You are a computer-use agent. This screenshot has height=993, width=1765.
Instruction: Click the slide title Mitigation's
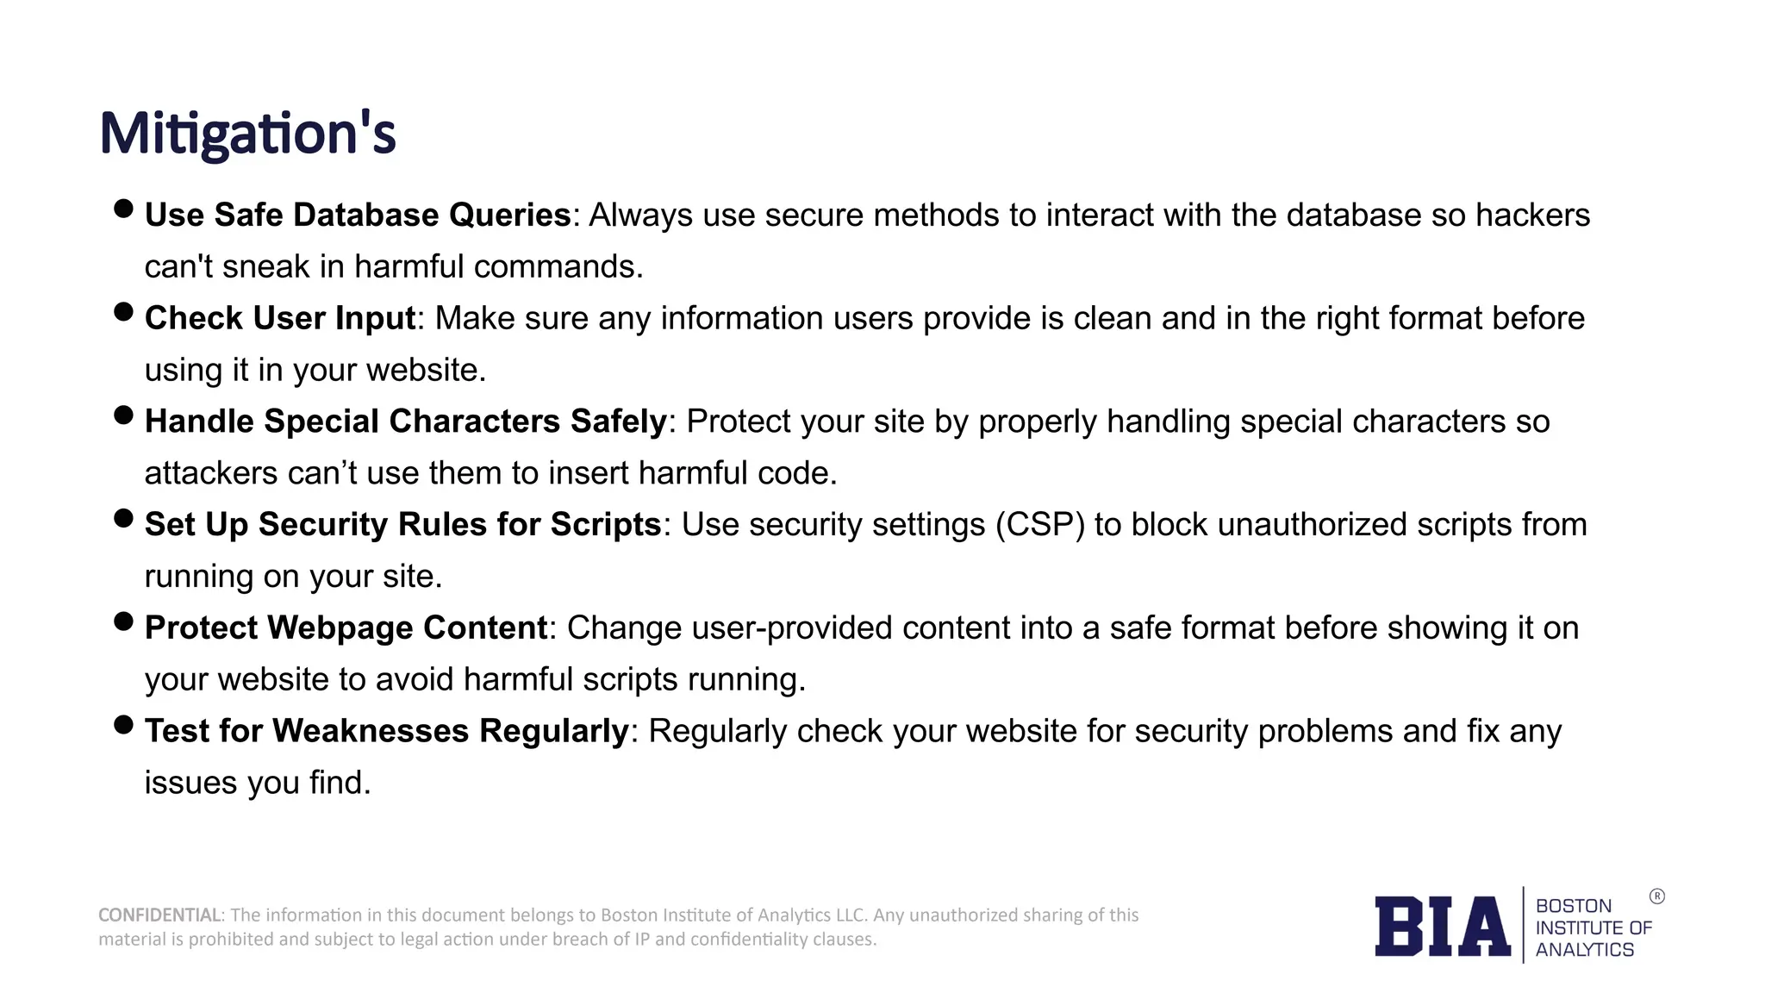pos(247,134)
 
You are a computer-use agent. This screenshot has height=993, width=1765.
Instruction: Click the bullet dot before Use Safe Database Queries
pos(123,209)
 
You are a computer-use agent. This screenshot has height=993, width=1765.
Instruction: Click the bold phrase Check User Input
pos(280,319)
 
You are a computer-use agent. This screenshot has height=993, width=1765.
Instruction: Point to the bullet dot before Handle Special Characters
pos(123,415)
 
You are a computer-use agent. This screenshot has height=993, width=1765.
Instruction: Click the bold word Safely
pos(618,422)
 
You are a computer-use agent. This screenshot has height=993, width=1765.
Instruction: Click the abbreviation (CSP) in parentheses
pos(1039,525)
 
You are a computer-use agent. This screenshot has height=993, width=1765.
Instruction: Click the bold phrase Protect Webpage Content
pos(346,628)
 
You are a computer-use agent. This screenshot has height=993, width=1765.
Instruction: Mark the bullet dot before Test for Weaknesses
pos(123,725)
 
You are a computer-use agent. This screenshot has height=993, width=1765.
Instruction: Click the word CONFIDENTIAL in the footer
pos(159,915)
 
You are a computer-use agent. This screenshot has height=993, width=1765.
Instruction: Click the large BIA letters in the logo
pos(1442,927)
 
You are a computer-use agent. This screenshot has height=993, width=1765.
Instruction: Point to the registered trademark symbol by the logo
pos(1656,896)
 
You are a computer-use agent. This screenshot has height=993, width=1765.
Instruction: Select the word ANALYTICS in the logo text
pos(1584,950)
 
